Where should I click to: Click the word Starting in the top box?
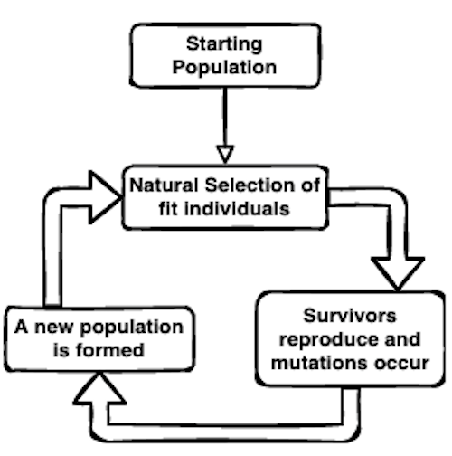(224, 44)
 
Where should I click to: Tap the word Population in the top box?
(224, 67)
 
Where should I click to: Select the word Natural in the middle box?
(164, 185)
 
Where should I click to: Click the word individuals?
(237, 208)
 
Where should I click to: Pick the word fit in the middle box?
(168, 208)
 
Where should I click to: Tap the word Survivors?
(350, 316)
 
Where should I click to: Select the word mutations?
(319, 363)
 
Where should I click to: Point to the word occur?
(402, 364)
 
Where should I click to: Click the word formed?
(110, 350)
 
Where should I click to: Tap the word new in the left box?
(53, 328)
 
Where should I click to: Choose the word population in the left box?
(132, 328)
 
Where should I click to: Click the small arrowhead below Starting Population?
(225, 155)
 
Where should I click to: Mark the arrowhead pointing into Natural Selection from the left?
(105, 197)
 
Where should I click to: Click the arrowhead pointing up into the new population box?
(99, 389)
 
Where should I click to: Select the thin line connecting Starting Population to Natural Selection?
(225, 118)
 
